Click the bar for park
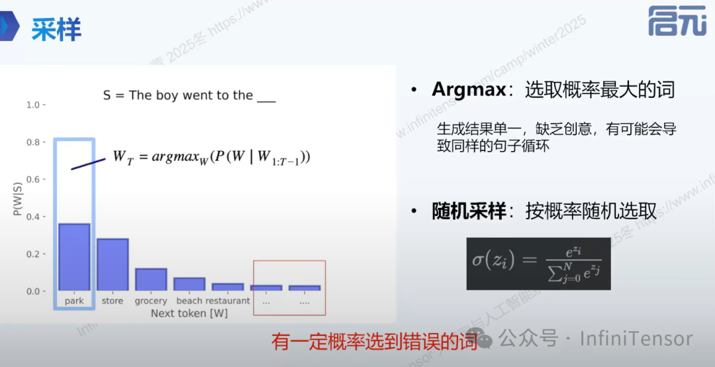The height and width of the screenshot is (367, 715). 74,257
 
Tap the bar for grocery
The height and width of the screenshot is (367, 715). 151,280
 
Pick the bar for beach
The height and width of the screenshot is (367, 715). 189,284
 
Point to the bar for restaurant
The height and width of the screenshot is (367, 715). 228,287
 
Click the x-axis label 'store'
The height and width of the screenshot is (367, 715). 113,301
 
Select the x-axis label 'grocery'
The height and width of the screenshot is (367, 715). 151,301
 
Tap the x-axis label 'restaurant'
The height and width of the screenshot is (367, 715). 228,301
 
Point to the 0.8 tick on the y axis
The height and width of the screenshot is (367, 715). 34,142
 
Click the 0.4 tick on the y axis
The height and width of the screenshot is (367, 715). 34,217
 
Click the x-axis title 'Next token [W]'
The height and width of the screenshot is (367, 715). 189,313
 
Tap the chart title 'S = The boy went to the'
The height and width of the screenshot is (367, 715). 189,95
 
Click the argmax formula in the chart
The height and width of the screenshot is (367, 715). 211,158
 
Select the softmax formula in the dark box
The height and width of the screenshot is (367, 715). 538,263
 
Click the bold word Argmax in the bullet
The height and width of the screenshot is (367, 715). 469,89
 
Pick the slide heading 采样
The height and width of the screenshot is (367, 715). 56,30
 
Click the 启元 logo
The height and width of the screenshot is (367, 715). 676,22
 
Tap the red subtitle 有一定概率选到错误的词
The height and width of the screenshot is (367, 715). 375,342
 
